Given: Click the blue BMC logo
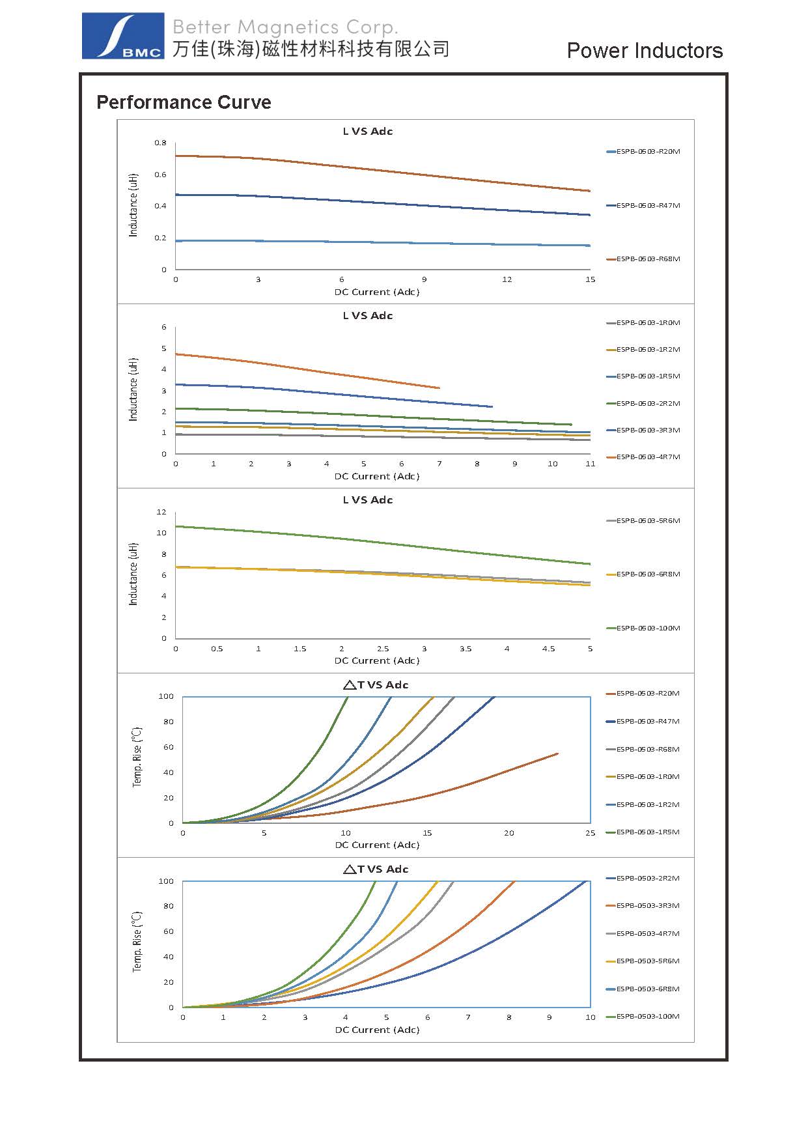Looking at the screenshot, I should [122, 36].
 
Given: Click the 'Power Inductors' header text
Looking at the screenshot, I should [645, 51].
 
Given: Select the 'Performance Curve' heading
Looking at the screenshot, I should [184, 102].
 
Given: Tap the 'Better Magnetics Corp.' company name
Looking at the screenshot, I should [285, 27].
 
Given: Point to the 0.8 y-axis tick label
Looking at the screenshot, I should [161, 143].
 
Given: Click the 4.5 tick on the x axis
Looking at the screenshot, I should [548, 649].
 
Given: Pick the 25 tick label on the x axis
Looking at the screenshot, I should [590, 833].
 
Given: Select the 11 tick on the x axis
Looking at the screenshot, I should [590, 464].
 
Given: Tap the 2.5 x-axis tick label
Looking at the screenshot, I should [383, 649].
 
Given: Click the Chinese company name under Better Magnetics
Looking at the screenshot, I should [311, 49].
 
